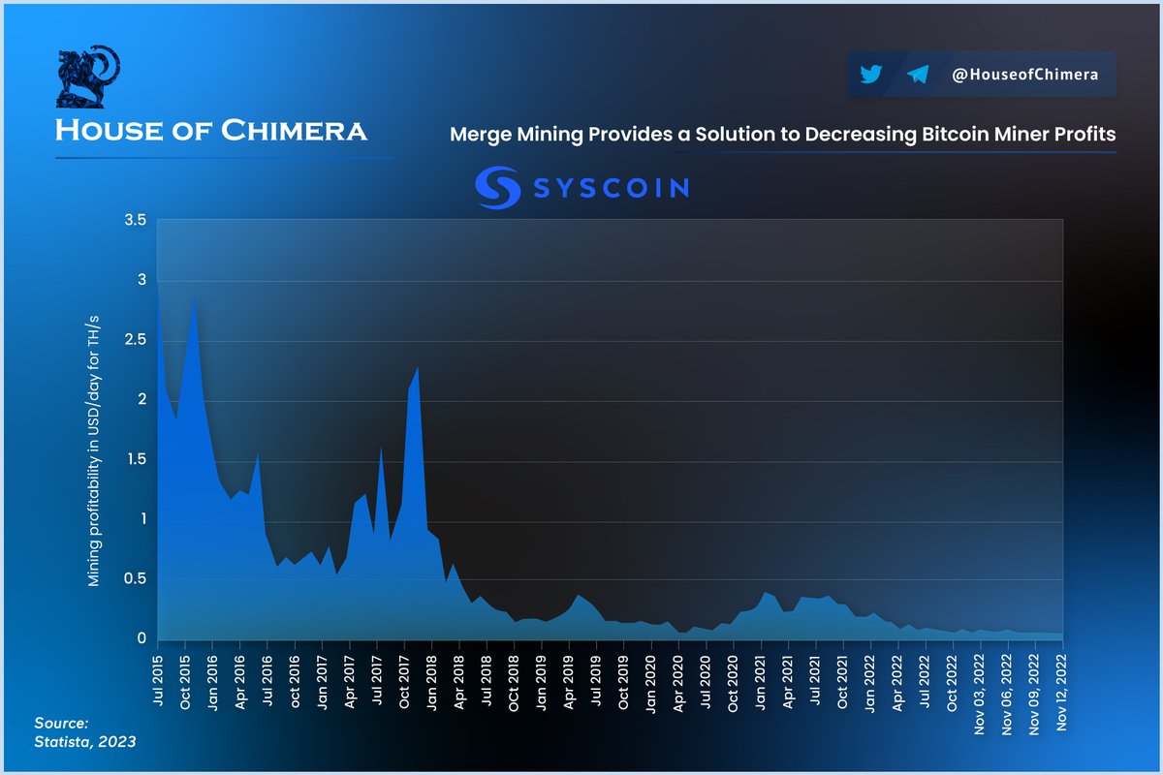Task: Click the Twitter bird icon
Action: point(870,75)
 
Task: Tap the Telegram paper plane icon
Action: point(918,75)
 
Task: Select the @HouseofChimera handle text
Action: point(1024,75)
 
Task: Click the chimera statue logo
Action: point(88,77)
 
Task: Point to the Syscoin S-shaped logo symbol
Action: point(498,187)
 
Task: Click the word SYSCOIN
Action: point(611,187)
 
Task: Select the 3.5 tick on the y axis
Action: point(136,221)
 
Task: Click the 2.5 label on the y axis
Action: point(136,340)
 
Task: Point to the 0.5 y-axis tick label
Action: point(136,579)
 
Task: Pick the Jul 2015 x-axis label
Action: point(158,678)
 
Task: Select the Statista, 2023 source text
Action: point(85,741)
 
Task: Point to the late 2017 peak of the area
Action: point(417,369)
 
